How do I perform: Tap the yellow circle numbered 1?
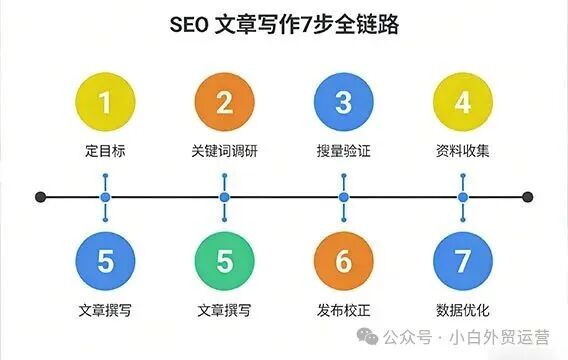pos(105,103)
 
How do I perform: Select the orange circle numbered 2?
pos(224,103)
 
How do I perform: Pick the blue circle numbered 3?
pos(343,103)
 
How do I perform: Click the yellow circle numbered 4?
pos(463,103)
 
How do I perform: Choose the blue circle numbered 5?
pos(105,262)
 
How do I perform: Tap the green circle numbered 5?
pos(224,262)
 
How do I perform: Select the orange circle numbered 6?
pos(343,262)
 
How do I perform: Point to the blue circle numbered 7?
pos(463,262)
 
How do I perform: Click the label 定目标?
pos(105,152)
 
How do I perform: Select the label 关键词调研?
pos(224,152)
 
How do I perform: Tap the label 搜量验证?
pos(343,152)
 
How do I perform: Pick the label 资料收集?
pos(463,152)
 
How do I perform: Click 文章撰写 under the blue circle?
pos(105,311)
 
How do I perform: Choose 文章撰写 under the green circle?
pos(224,311)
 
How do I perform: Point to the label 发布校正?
pos(343,311)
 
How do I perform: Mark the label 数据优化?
pos(463,311)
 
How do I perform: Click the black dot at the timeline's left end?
pos(40,197)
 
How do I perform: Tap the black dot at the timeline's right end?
pos(528,197)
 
